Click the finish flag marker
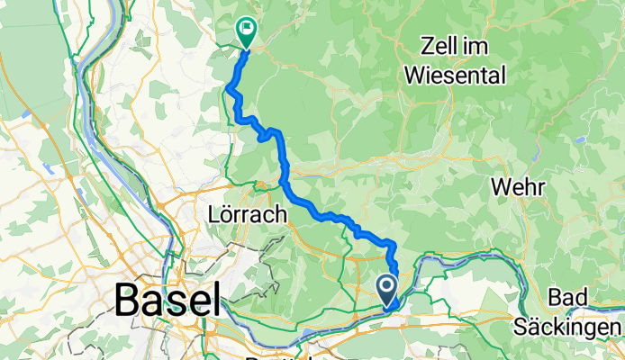pos(245,30)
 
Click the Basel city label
pos(168,299)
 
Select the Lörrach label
pos(247,215)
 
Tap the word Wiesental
pos(455,76)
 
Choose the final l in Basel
pos(215,299)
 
